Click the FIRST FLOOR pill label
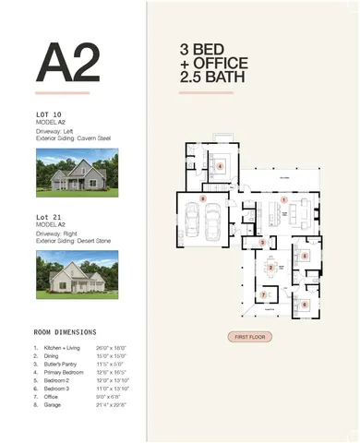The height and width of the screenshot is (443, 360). coord(250,337)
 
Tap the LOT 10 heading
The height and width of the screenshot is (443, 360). coord(48,116)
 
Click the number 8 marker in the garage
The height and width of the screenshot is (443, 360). coord(202,198)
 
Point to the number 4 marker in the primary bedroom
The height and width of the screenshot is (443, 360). coord(222,167)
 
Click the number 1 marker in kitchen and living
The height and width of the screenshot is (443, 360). coord(284,198)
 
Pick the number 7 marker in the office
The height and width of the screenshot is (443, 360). coord(264,295)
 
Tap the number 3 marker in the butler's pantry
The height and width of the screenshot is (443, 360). coord(262,242)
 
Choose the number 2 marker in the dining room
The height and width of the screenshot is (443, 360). coord(270,267)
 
